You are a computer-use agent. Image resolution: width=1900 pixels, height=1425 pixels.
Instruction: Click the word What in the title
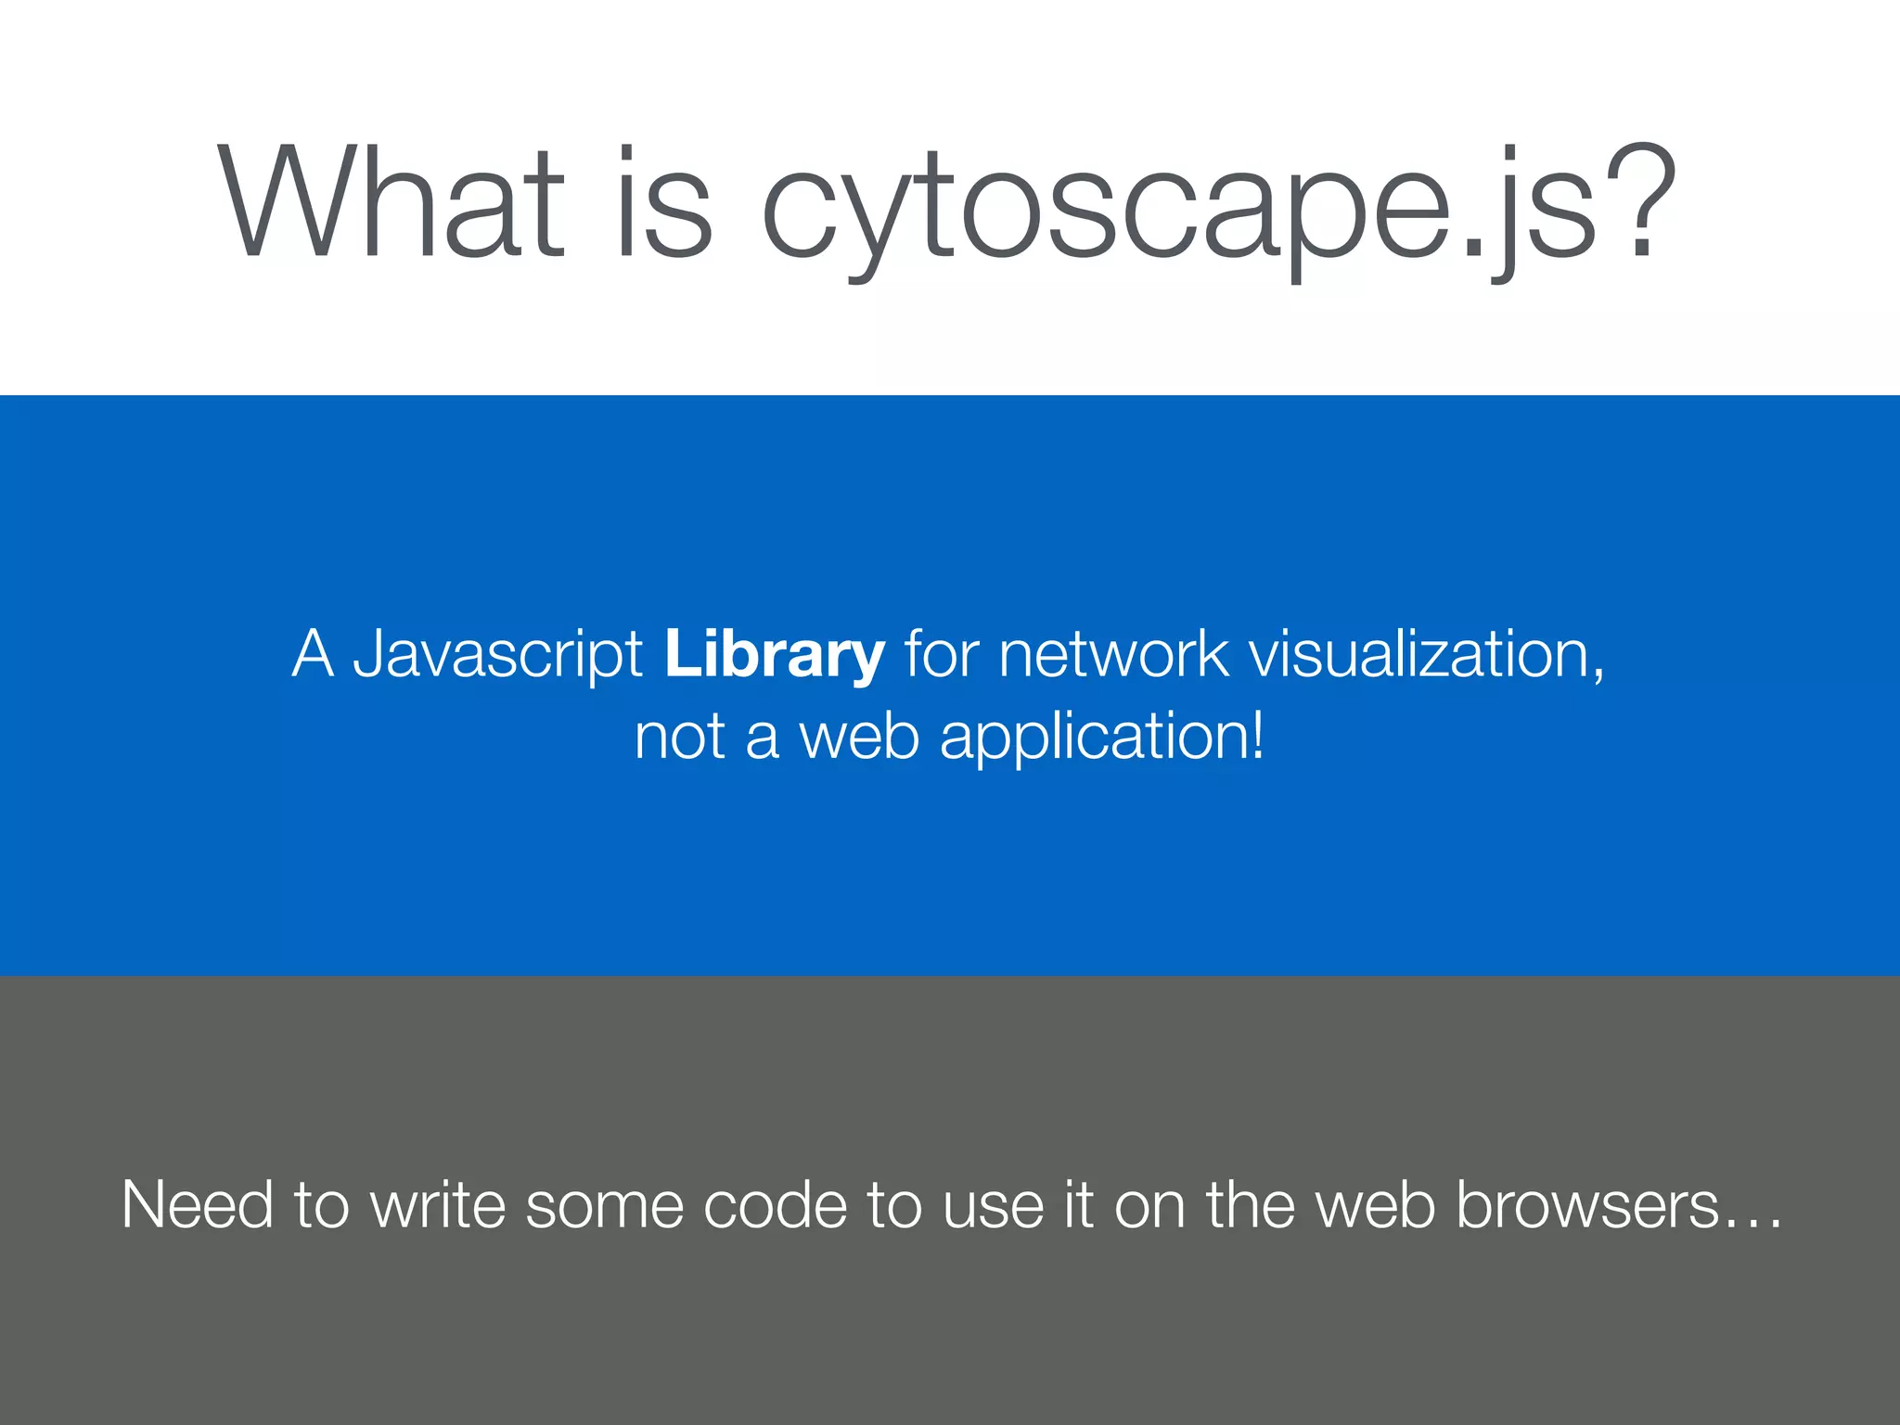tap(391, 202)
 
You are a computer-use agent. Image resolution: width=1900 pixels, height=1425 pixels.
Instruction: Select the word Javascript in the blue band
tap(498, 655)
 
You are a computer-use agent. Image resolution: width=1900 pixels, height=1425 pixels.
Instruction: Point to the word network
tap(1113, 654)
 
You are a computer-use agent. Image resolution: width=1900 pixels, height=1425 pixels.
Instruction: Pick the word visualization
tap(1426, 654)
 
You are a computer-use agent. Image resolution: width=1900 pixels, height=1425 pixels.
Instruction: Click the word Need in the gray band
tap(198, 1205)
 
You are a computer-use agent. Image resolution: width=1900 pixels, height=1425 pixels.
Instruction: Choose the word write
tap(438, 1205)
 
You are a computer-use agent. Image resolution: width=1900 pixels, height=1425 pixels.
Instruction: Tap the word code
tap(776, 1205)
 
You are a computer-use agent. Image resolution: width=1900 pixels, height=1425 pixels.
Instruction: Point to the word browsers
tap(1587, 1205)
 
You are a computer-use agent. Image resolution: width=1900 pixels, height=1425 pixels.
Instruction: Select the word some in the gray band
tap(604, 1207)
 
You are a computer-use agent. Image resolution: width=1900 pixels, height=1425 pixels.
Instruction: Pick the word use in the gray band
tap(994, 1207)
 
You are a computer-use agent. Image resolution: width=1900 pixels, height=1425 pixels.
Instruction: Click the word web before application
tap(859, 737)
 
